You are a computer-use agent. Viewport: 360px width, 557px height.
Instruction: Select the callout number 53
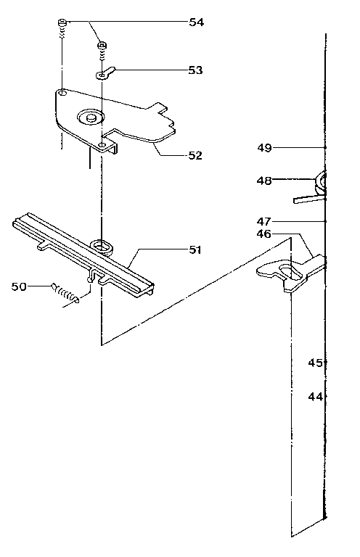[195, 70]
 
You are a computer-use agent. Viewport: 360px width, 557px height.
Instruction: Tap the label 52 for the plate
[195, 155]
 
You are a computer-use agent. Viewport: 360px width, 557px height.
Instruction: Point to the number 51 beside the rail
[195, 249]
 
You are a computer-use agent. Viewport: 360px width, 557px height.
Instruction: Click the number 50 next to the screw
[20, 286]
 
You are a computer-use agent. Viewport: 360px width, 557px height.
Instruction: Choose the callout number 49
[264, 147]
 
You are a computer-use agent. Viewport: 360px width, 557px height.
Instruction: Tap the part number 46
[263, 234]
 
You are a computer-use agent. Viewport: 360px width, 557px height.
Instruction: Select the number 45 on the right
[315, 363]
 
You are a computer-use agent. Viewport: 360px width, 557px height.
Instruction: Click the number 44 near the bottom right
[315, 397]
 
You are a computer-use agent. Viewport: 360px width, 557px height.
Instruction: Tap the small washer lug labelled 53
[106, 73]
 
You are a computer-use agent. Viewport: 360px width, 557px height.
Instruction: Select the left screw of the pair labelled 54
[63, 26]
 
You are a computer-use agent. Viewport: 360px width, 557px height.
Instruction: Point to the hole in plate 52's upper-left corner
[63, 94]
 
